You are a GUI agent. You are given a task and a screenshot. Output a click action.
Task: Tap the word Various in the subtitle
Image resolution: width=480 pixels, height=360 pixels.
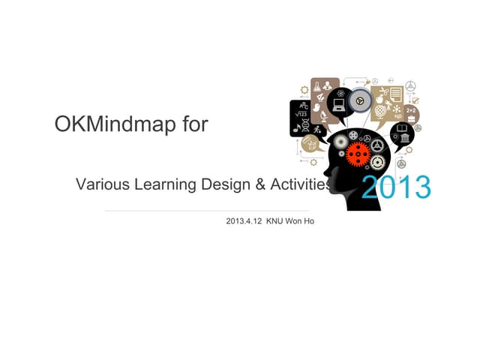(102, 184)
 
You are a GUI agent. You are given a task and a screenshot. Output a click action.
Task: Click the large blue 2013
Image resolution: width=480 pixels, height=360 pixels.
(396, 187)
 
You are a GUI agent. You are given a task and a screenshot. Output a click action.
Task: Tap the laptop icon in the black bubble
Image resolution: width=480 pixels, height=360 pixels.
(339, 107)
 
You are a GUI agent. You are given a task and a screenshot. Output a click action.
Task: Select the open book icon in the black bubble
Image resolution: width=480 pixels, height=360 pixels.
(402, 136)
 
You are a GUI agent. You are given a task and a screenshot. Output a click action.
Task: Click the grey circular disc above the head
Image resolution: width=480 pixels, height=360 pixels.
(361, 101)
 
